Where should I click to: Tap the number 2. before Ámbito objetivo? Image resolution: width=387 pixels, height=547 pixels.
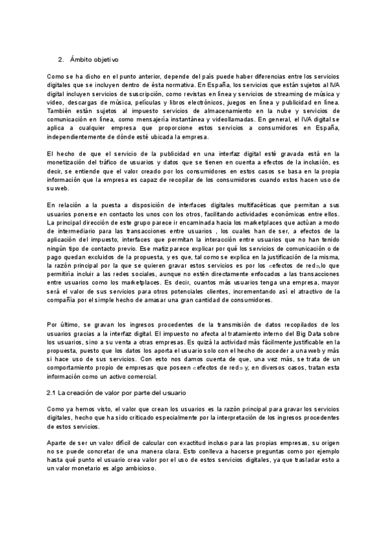click(x=61, y=60)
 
